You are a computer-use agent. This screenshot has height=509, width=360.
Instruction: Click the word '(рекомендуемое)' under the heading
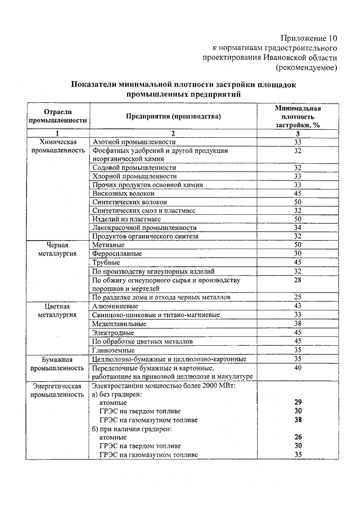306,67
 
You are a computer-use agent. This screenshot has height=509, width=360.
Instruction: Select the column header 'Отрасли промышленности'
58,116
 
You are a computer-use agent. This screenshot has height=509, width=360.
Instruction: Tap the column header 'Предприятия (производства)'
173,116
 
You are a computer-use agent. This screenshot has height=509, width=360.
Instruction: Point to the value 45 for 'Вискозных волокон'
298,193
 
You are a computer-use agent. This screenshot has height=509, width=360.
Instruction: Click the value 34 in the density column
298,227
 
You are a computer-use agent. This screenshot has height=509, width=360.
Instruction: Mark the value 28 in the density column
298,280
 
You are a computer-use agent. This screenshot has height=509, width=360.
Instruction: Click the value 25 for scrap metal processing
298,296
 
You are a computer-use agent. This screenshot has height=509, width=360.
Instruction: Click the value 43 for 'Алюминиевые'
298,305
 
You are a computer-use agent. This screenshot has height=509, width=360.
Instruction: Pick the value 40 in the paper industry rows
298,367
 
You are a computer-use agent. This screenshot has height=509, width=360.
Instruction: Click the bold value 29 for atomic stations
298,403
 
